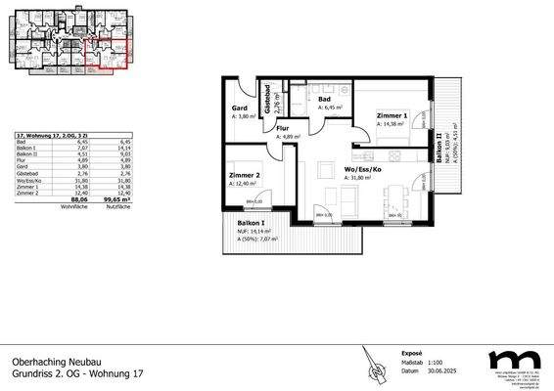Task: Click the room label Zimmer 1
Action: pos(391,115)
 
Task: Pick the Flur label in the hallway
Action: pos(282,128)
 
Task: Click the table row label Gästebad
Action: pos(27,172)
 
